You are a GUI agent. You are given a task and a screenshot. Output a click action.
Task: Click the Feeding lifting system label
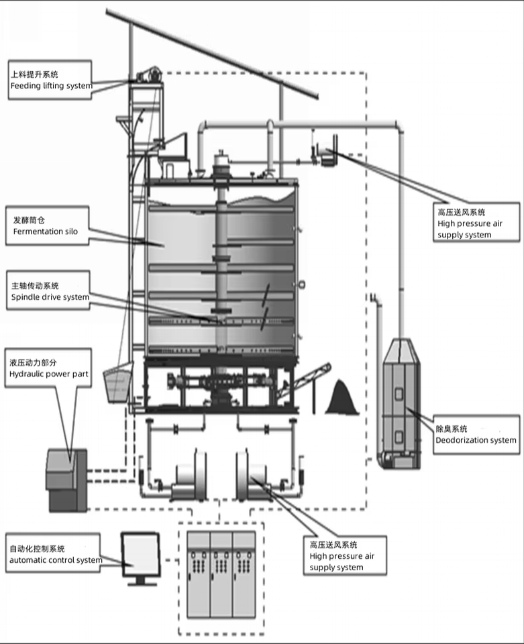tap(50, 80)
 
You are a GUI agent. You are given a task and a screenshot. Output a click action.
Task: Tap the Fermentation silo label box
tap(47, 226)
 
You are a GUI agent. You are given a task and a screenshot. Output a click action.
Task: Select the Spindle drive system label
tap(48, 290)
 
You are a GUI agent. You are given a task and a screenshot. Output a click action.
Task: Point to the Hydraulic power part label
tap(48, 368)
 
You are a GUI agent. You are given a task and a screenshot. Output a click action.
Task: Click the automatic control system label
tap(53, 553)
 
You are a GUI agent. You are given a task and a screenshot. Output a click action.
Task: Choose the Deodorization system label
tap(476, 435)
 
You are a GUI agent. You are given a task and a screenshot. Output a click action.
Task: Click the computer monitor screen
tap(140, 553)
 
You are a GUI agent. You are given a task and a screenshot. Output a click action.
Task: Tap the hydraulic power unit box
tap(66, 480)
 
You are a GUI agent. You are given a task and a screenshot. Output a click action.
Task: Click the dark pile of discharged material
tap(342, 397)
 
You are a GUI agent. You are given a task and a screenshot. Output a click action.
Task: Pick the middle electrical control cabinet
tap(221, 575)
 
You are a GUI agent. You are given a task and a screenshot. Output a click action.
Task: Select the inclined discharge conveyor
tap(303, 381)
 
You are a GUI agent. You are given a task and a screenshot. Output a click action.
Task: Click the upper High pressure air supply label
tap(476, 222)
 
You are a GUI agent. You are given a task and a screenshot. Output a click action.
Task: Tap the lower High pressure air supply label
tap(345, 555)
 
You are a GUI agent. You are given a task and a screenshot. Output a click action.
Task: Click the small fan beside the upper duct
tap(328, 157)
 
